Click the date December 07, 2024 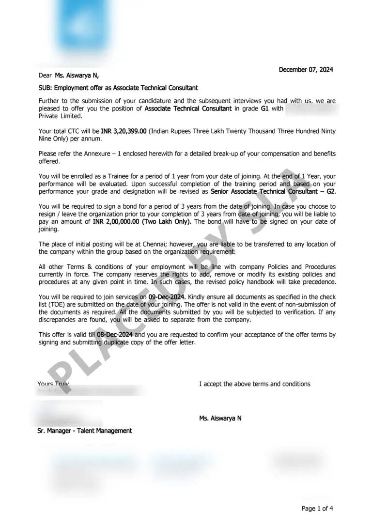point(306,70)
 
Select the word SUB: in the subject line point(46,88)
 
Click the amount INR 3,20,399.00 point(124,131)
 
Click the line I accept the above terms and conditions point(254,384)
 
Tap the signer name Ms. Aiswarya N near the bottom point(220,418)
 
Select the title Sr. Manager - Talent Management point(85,431)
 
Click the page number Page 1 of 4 point(317,509)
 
